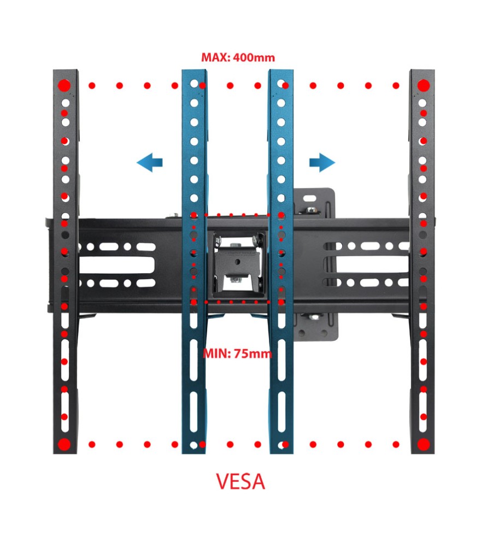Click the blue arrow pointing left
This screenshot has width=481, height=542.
(149, 162)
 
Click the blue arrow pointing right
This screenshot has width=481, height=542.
(322, 162)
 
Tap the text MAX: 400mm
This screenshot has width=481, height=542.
(238, 57)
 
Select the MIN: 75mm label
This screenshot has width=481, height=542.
(237, 353)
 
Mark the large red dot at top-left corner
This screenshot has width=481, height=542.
(64, 86)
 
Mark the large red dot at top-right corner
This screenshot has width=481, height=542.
(424, 86)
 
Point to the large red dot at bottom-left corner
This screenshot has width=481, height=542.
(64, 444)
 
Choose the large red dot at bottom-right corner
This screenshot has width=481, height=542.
(424, 444)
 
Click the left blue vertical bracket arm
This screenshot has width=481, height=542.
(194, 382)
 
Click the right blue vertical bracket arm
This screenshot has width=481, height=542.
(281, 382)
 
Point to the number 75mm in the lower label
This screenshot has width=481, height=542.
(253, 353)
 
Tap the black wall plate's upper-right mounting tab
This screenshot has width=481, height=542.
(314, 203)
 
